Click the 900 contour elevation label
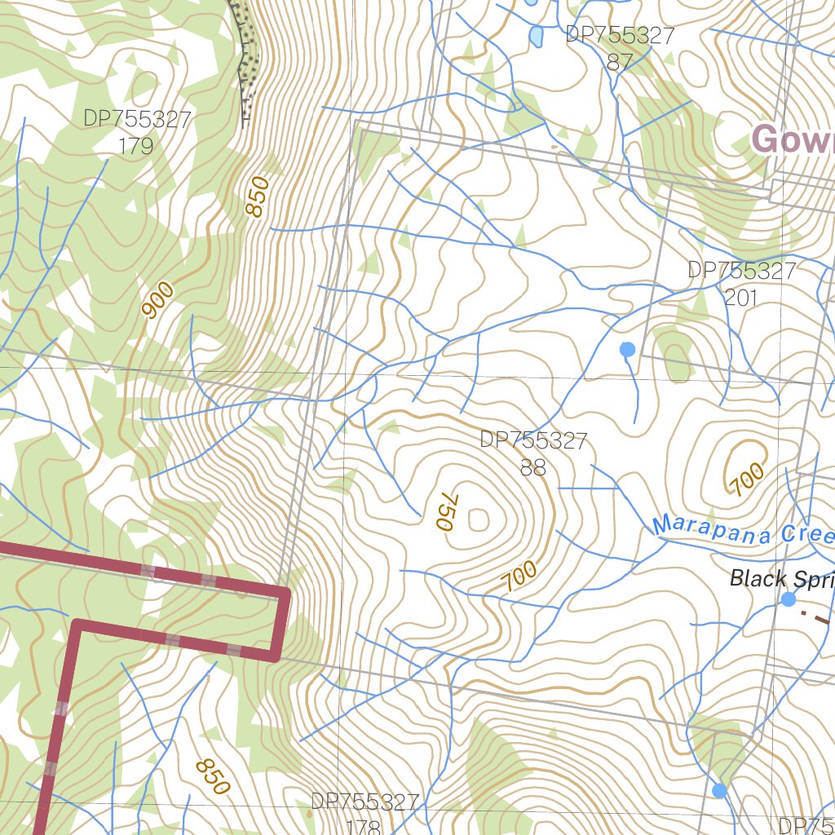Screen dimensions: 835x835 coord(158,299)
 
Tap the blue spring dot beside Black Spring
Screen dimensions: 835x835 coord(789,599)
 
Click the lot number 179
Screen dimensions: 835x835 coord(136,146)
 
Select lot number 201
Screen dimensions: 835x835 coord(740,298)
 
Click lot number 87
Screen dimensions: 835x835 coord(620,62)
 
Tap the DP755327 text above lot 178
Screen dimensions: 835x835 coord(364,802)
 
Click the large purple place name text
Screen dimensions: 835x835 coord(791,140)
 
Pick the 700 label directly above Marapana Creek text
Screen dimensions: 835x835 coord(747,478)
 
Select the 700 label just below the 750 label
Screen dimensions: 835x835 coord(519,577)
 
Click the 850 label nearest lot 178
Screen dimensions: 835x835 coord(213,777)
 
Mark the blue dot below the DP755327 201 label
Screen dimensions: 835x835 coord(627,350)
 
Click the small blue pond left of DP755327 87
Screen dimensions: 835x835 coord(536,36)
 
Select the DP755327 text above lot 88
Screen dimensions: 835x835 coord(533,441)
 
